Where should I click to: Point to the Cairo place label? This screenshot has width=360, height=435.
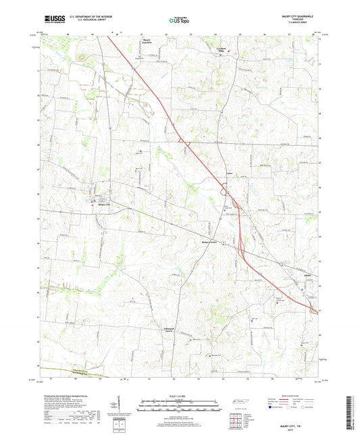click(228, 173)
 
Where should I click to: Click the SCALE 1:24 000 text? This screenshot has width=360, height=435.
click(180, 396)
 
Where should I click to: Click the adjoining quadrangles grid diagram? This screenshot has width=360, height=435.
click(238, 419)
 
